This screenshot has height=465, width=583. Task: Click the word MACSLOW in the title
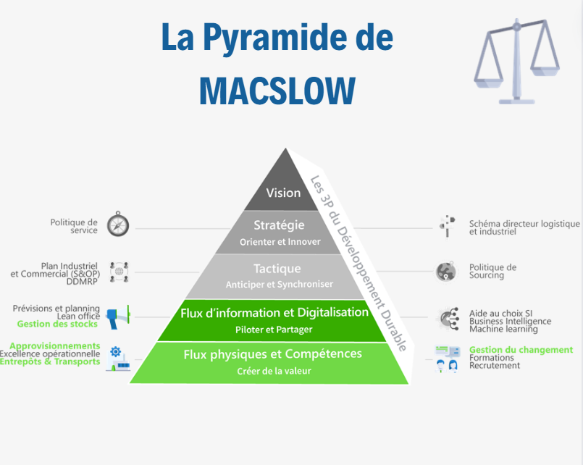[x=277, y=91]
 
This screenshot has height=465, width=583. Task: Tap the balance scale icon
[x=516, y=62]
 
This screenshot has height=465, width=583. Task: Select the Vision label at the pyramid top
[x=283, y=193]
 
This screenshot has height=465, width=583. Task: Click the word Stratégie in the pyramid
[x=279, y=225]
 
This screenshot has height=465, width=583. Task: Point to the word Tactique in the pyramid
[x=277, y=269]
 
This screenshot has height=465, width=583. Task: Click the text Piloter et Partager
[x=274, y=330]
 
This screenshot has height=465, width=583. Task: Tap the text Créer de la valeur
[x=274, y=371]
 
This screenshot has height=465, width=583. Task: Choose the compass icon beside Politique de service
[x=118, y=224]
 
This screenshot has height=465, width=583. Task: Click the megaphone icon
[x=118, y=317]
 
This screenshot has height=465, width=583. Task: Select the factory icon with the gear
[x=118, y=359]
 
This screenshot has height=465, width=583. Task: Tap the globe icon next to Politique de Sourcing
[x=446, y=272]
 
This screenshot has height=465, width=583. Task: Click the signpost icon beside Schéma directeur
[x=448, y=227]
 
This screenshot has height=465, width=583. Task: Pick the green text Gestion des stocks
[x=57, y=324]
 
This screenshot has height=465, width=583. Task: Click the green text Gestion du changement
[x=521, y=350]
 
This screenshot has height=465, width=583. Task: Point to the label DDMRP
[x=82, y=282]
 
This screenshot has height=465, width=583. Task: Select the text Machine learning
[x=503, y=330]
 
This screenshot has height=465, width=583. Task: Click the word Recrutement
[x=495, y=365]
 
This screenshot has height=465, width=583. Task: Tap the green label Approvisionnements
[x=55, y=346]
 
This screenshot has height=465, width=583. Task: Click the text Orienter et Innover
[x=280, y=242]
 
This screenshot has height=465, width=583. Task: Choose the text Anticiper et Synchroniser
[x=280, y=285]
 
